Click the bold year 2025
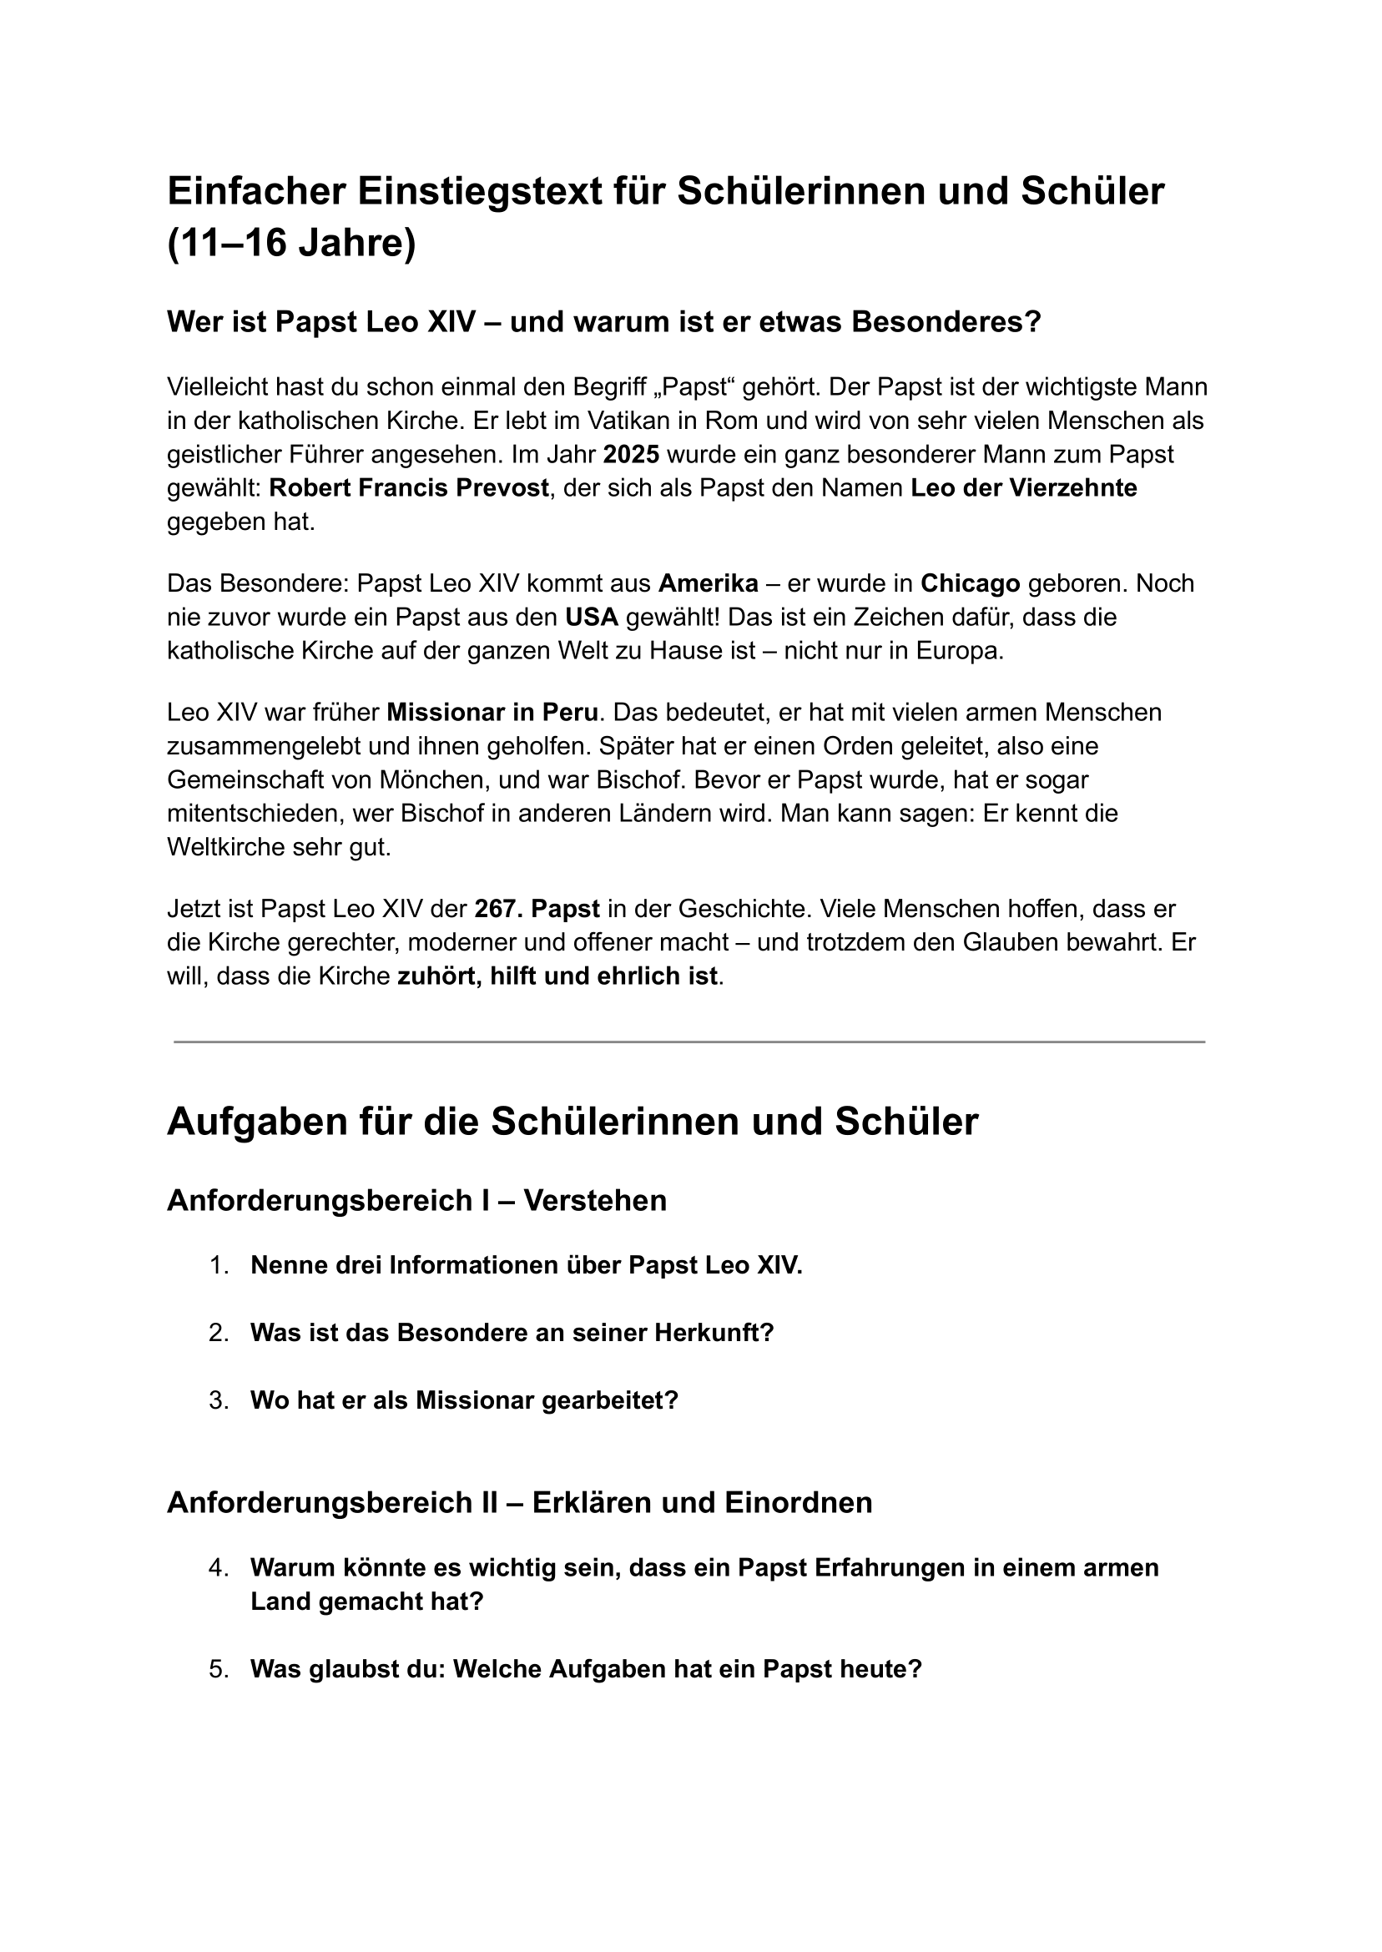tap(631, 454)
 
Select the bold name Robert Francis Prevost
tap(408, 488)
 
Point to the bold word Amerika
tap(708, 583)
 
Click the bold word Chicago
tap(970, 583)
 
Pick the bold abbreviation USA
tap(592, 617)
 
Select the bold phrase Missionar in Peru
tap(492, 712)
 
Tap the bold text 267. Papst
tap(537, 909)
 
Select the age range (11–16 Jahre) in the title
tap(291, 245)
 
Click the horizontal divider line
tap(689, 1042)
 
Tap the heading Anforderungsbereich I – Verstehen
tap(416, 1201)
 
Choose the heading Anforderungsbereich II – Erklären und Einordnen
tap(519, 1503)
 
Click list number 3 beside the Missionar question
tap(219, 1400)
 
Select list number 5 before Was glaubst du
tap(219, 1669)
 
